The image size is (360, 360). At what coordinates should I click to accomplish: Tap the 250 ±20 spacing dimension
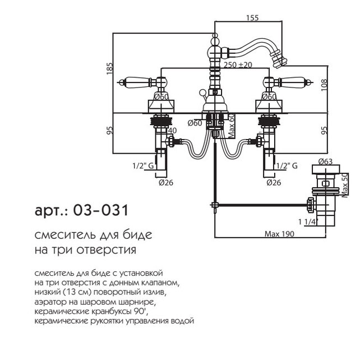pos(237,66)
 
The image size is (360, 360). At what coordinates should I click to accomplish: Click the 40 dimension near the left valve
pos(172,131)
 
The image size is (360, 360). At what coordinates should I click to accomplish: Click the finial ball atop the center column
pos(214,39)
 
